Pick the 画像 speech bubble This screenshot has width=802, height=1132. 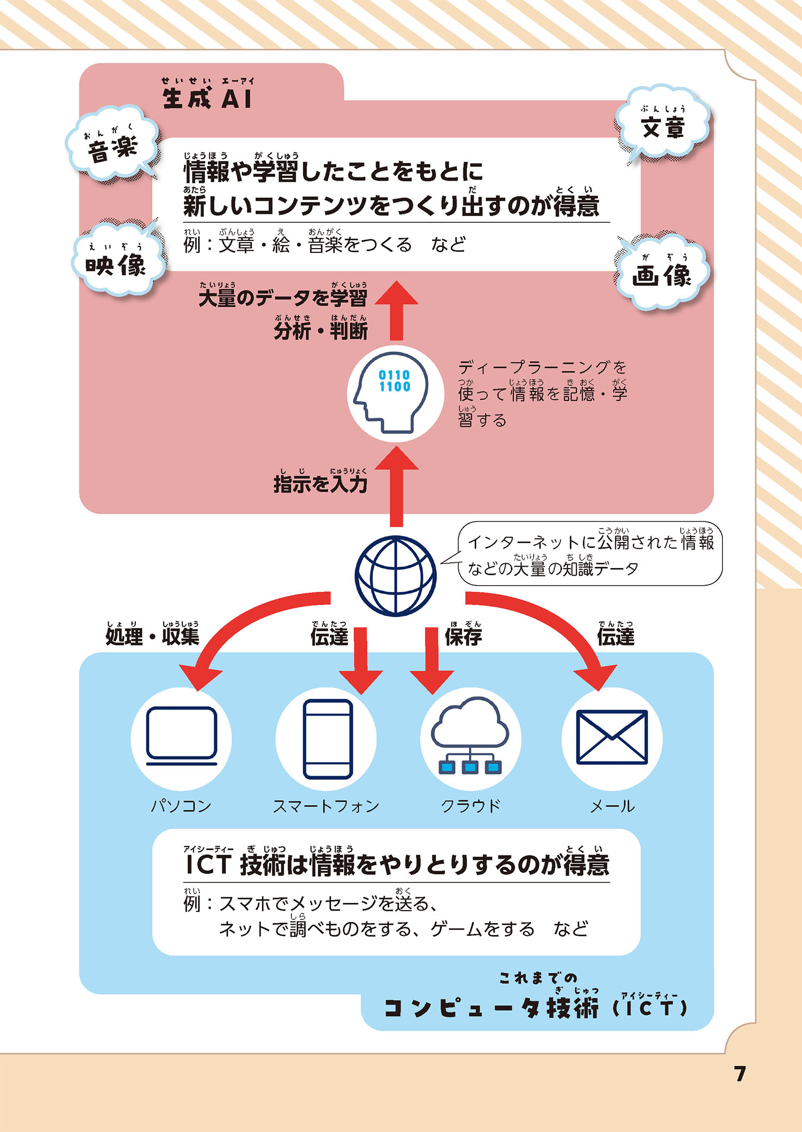click(662, 273)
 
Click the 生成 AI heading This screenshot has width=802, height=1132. click(207, 98)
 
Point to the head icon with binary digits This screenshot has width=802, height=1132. click(395, 393)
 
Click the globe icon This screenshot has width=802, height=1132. click(396, 576)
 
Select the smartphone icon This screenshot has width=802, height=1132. click(327, 739)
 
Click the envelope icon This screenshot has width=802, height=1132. click(612, 738)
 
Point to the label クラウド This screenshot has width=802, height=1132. click(470, 805)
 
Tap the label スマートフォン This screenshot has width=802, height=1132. click(326, 805)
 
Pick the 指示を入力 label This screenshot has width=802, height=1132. click(320, 484)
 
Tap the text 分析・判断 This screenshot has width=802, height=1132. click(320, 330)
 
